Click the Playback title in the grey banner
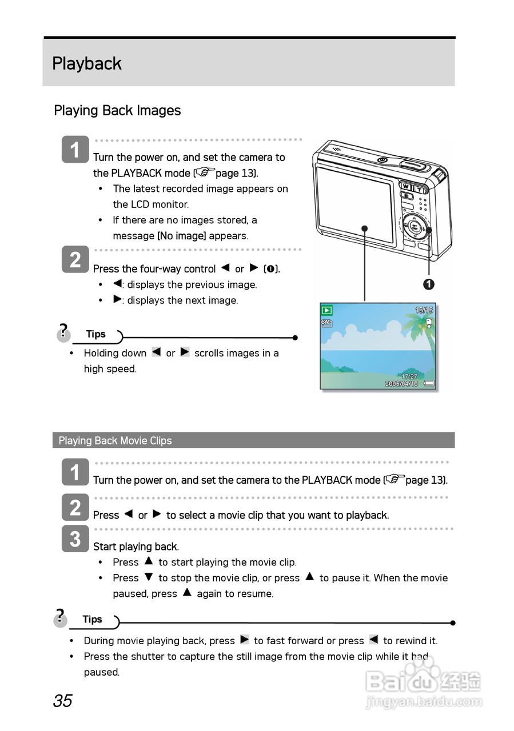click(87, 63)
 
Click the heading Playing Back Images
click(117, 111)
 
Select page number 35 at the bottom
click(63, 701)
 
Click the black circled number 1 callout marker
click(428, 284)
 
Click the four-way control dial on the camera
click(414, 228)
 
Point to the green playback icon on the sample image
click(327, 311)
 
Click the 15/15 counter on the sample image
click(424, 310)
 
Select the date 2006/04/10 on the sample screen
click(401, 384)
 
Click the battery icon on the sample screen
click(429, 384)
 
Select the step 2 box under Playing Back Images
click(75, 260)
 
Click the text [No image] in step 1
click(181, 236)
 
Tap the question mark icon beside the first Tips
click(63, 332)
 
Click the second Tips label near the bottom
click(92, 620)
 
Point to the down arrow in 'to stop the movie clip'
click(149, 577)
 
